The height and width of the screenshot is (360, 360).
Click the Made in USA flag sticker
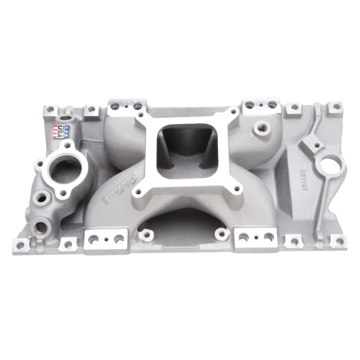point(62,131)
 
